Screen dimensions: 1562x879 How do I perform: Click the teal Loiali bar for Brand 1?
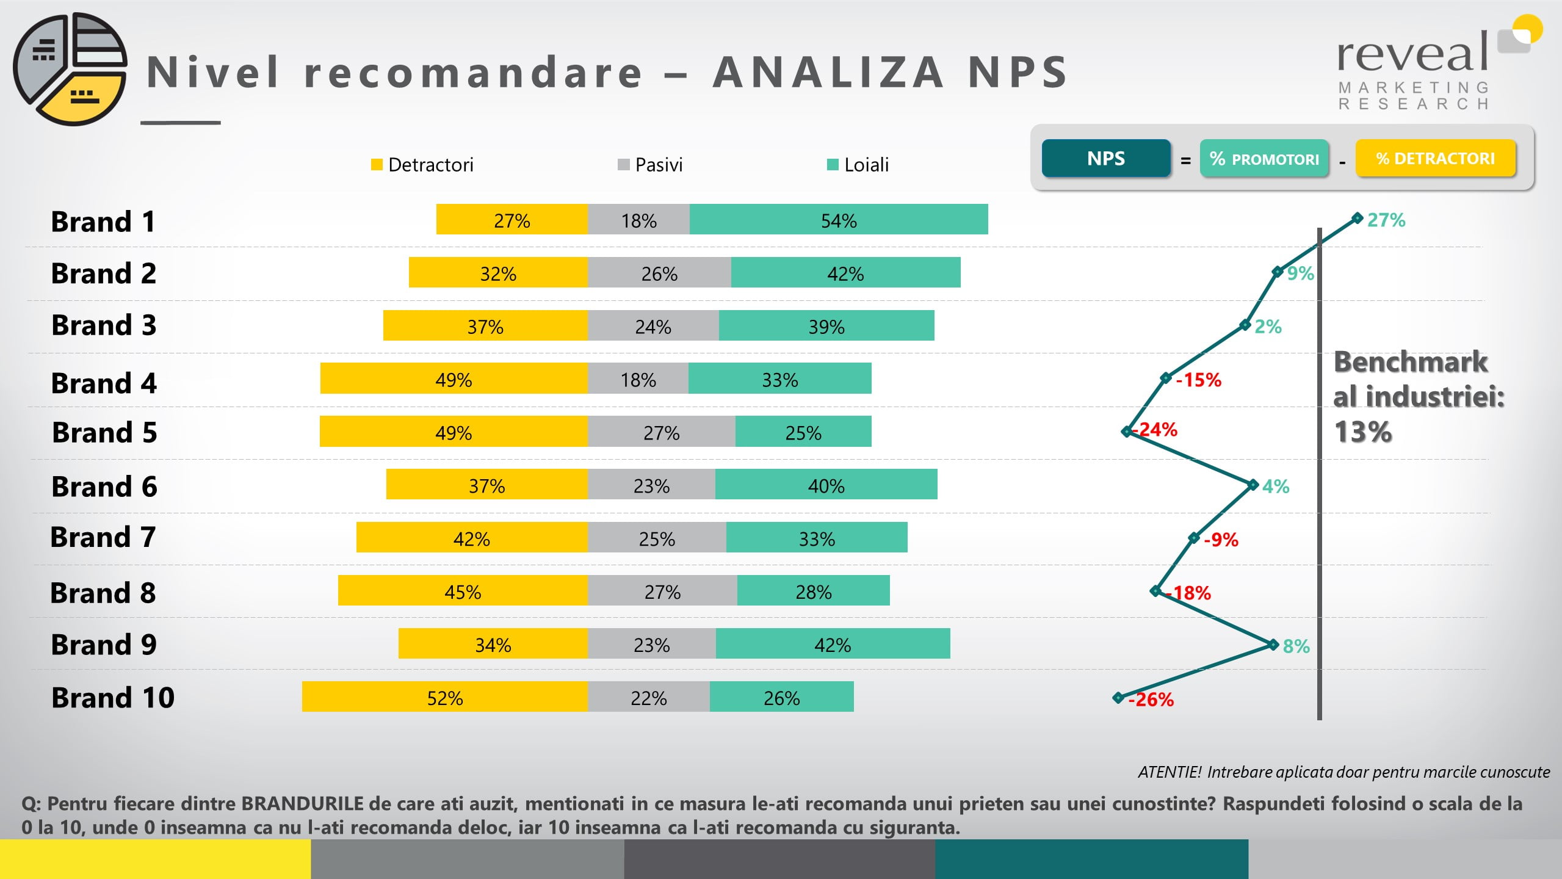[x=839, y=219]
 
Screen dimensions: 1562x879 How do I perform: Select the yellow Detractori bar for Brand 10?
[x=445, y=696]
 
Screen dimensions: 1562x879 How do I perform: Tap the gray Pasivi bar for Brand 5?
[x=662, y=432]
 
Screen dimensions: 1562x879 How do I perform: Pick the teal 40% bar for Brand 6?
[x=826, y=484]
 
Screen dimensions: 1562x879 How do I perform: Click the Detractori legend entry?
[x=422, y=165]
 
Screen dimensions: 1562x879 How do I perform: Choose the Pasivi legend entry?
[x=651, y=165]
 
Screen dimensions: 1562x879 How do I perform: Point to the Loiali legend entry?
[x=858, y=165]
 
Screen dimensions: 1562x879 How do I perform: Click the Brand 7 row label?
[x=103, y=537]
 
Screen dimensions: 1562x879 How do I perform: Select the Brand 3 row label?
[x=104, y=325]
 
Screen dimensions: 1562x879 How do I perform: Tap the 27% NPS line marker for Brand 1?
[x=1357, y=218]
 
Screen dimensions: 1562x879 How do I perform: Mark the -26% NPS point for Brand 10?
[x=1118, y=697]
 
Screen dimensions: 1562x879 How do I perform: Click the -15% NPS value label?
[x=1199, y=380]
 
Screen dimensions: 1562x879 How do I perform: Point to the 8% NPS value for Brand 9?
[x=1296, y=646]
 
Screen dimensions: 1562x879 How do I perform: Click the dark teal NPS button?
[x=1106, y=159]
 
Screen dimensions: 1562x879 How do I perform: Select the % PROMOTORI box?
[x=1264, y=159]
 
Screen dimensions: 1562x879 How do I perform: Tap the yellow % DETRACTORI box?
[x=1436, y=159]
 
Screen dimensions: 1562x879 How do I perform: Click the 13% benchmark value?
[x=1363, y=432]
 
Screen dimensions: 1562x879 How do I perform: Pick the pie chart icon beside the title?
[x=70, y=69]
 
